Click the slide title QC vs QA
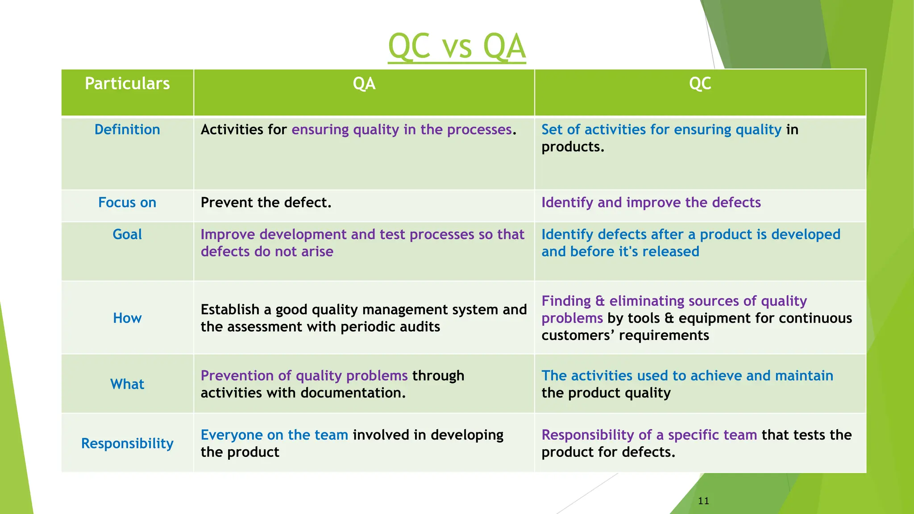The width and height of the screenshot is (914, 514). pyautogui.click(x=457, y=46)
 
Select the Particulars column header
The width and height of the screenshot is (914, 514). pyautogui.click(x=127, y=84)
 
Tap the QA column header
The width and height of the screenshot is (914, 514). pyautogui.click(x=364, y=84)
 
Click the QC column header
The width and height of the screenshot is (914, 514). pyautogui.click(x=700, y=84)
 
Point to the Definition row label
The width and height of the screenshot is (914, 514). pyautogui.click(x=127, y=130)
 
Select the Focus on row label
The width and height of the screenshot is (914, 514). pyautogui.click(x=127, y=203)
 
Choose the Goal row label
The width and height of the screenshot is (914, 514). pyautogui.click(x=127, y=235)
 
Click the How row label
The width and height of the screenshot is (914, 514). pyautogui.click(x=127, y=318)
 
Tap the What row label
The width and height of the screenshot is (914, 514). pyautogui.click(x=127, y=384)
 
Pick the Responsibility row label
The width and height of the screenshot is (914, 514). pyautogui.click(x=127, y=444)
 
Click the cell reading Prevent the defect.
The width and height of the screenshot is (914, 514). pyautogui.click(x=266, y=203)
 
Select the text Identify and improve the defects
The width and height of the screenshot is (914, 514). pyautogui.click(x=651, y=203)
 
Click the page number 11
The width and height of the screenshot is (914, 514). pyautogui.click(x=703, y=501)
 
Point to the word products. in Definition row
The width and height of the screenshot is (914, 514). pyautogui.click(x=573, y=147)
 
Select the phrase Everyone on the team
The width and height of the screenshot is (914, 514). pyautogui.click(x=274, y=435)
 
